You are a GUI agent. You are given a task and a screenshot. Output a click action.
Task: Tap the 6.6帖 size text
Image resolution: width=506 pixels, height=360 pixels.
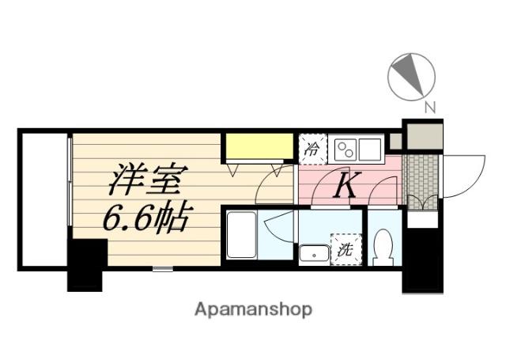(146, 218)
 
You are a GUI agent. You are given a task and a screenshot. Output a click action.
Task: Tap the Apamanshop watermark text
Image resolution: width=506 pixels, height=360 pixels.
(253, 309)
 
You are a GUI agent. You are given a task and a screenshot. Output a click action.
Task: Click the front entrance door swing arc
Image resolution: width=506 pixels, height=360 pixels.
(463, 178)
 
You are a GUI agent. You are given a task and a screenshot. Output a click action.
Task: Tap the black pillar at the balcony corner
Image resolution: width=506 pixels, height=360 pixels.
(86, 264)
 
